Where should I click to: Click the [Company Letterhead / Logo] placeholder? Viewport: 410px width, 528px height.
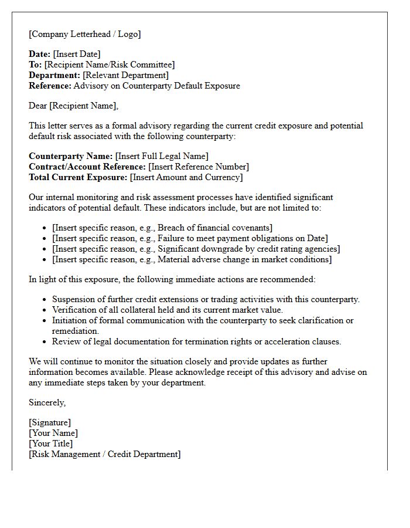pos(85,34)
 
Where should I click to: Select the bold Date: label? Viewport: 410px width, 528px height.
pos(39,54)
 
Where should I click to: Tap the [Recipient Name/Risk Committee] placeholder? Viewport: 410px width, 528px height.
pos(110,65)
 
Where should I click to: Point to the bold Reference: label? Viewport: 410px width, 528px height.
pos(50,86)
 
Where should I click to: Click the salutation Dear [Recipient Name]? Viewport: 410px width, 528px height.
pos(73,106)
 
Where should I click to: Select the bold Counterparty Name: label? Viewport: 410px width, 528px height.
pos(70,156)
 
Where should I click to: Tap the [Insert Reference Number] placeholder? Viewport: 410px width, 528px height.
pos(199,167)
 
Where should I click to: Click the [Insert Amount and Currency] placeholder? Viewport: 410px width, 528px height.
pos(186,177)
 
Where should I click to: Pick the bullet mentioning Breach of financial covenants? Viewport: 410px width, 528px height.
pos(162,228)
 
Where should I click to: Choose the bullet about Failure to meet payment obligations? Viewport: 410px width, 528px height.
pos(190,238)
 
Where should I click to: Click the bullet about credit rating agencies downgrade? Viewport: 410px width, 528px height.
pos(196,249)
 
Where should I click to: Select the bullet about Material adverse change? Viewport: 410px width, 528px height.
pos(192,259)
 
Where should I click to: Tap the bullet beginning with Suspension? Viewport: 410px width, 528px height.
pos(206,299)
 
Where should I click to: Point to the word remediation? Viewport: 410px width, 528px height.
pos(76,331)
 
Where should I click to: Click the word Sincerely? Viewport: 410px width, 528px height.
pos(47,402)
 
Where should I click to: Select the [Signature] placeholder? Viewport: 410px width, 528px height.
pos(50,422)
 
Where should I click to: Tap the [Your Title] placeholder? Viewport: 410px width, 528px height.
pos(51,444)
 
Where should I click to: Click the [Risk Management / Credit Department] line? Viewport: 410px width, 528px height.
pos(104,454)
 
